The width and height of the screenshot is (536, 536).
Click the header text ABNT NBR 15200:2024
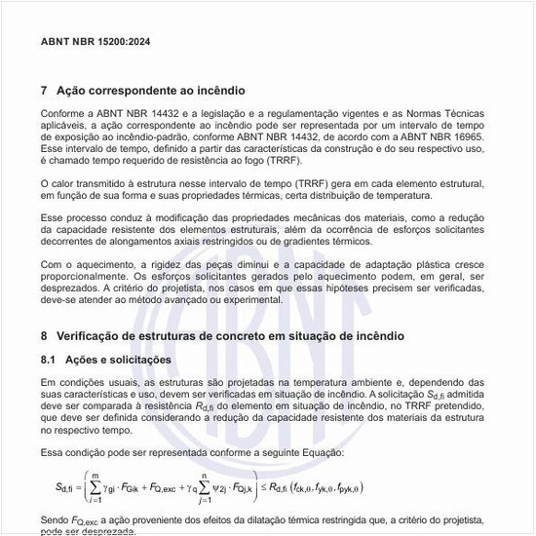click(x=96, y=43)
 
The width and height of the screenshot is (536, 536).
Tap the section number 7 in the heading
click(x=45, y=91)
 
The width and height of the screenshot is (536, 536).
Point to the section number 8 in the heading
click(x=45, y=335)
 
